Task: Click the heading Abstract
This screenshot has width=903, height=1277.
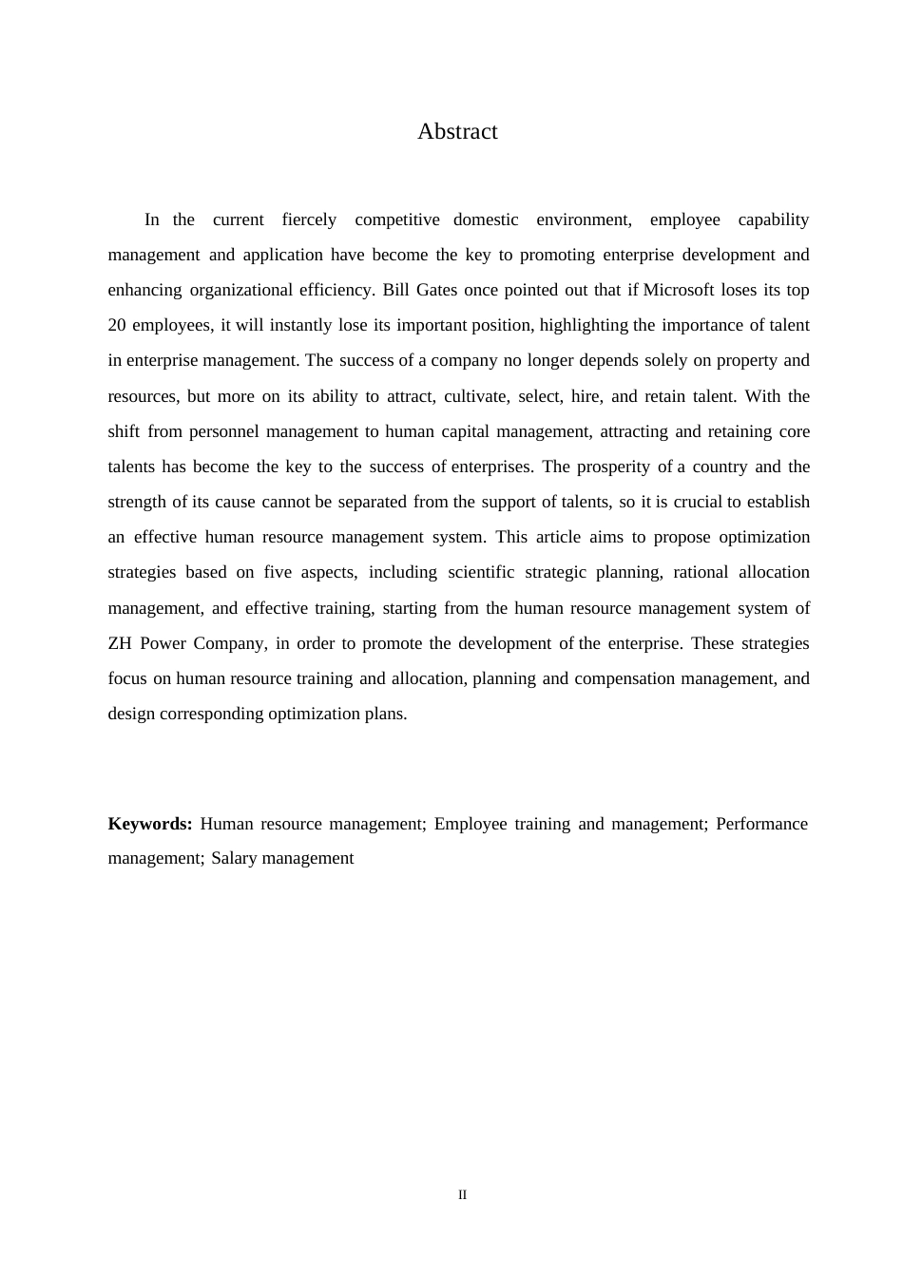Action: (x=457, y=132)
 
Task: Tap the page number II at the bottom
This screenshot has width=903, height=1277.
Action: (x=462, y=1195)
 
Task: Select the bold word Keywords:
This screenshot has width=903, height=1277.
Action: (x=150, y=824)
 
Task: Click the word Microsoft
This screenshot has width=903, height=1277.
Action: (x=679, y=290)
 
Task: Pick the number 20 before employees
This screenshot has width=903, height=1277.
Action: (x=117, y=325)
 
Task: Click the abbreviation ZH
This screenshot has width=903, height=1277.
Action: (x=120, y=643)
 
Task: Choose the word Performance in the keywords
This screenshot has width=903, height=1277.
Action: (x=761, y=824)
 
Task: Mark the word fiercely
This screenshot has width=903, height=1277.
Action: (x=309, y=219)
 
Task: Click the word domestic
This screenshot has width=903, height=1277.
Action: (x=486, y=219)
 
